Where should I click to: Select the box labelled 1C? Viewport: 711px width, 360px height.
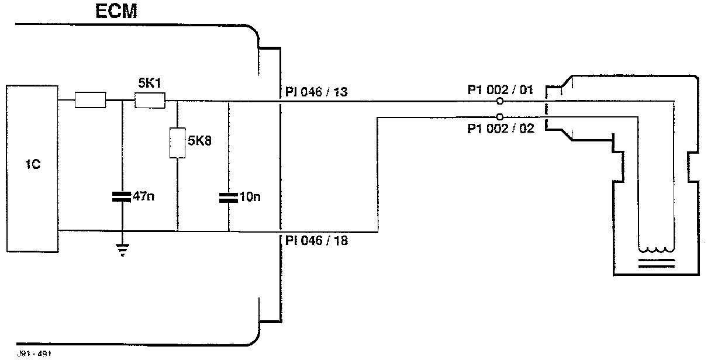pos(32,168)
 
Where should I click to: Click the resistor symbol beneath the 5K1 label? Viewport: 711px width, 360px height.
pos(150,101)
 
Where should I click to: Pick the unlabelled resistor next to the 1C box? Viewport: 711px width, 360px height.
pos(90,101)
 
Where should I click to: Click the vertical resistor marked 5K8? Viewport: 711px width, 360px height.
pos(177,143)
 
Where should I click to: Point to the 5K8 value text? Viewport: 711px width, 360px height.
pos(201,142)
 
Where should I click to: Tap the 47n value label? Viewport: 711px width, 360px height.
pos(144,197)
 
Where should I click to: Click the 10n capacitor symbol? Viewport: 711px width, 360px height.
pos(229,198)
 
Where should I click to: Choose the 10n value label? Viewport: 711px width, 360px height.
pos(250,197)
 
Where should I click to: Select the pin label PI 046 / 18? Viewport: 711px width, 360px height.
pos(316,240)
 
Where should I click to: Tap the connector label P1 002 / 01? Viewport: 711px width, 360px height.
pos(501,91)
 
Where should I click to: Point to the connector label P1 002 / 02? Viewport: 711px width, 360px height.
pos(501,129)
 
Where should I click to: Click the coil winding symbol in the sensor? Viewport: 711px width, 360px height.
pos(656,247)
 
